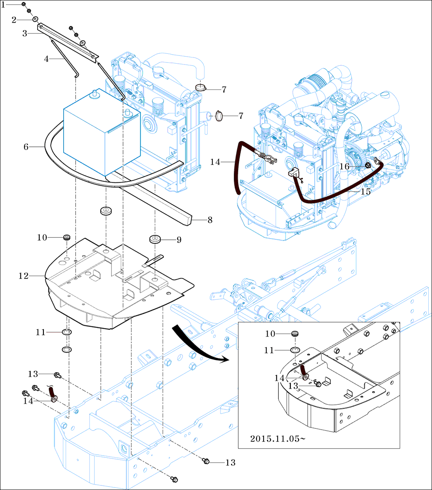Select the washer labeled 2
tap(36, 19)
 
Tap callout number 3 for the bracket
tap(25, 33)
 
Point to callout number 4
tap(46, 59)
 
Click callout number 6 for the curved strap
tap(26, 147)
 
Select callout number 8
tap(210, 220)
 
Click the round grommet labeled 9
tap(155, 239)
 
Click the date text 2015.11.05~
tap(278, 438)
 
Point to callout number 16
tap(345, 166)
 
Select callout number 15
tap(366, 192)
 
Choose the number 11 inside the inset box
tap(269, 351)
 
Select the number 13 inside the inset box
tap(293, 386)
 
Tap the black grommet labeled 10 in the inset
tap(295, 334)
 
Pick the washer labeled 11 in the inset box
tap(295, 351)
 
